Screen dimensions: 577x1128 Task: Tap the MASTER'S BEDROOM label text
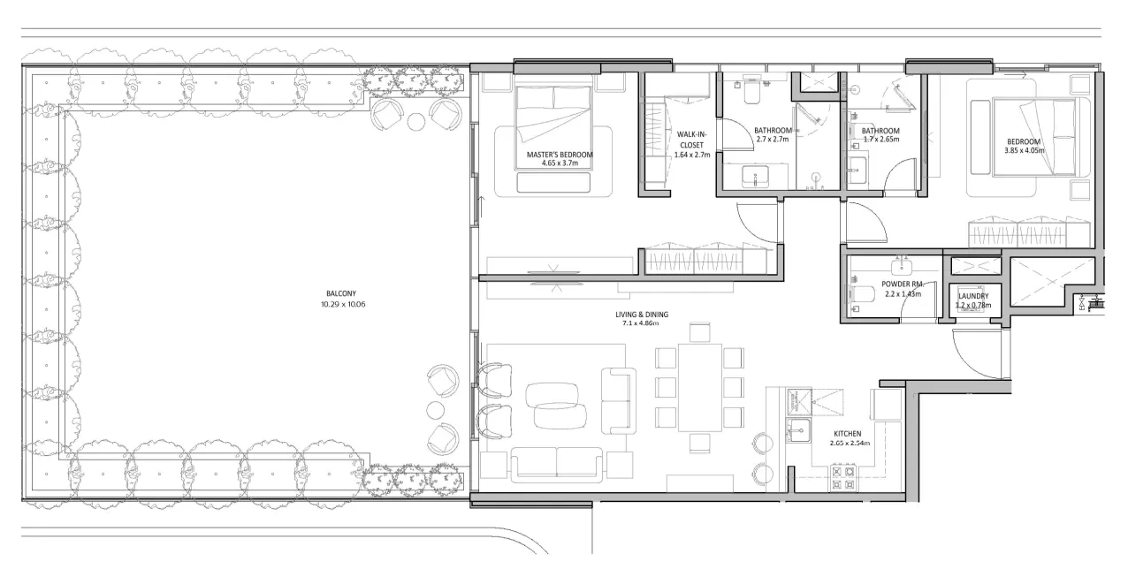(559, 155)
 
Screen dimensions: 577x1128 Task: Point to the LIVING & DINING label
(642, 315)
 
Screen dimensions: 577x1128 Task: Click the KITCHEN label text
(851, 434)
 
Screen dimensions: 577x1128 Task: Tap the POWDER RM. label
(902, 285)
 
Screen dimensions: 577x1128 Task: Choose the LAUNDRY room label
(973, 297)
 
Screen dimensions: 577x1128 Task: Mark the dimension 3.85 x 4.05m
(1024, 151)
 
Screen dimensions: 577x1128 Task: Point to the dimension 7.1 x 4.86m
(642, 324)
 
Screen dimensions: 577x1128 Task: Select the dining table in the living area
(699, 386)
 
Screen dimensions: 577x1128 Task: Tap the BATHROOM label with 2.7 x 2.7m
(773, 131)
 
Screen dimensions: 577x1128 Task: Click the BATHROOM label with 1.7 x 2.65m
(880, 131)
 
